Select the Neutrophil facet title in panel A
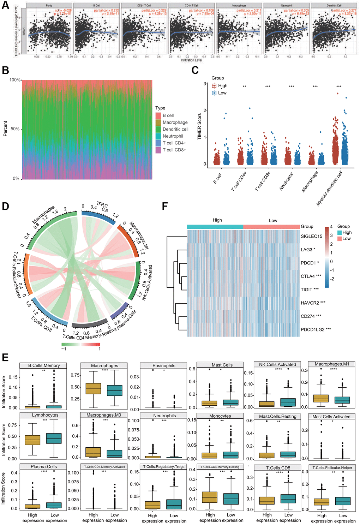(x=287, y=6)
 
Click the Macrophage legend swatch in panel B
(x=158, y=123)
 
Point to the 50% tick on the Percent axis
(x=15, y=129)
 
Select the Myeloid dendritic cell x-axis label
(x=330, y=189)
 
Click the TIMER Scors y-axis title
(x=199, y=126)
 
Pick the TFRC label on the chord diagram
(x=102, y=205)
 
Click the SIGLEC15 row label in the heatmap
(x=311, y=237)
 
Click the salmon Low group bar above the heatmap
(x=271, y=227)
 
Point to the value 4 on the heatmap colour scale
(x=331, y=227)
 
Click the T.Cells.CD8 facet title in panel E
(x=278, y=468)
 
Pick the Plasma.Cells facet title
(x=44, y=467)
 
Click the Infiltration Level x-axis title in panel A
(x=192, y=60)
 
